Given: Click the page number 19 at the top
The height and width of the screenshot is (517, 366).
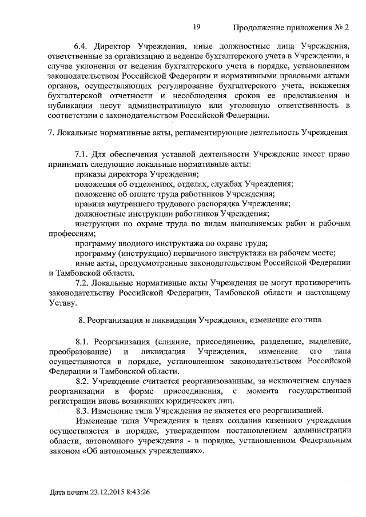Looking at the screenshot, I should click(x=196, y=27).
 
